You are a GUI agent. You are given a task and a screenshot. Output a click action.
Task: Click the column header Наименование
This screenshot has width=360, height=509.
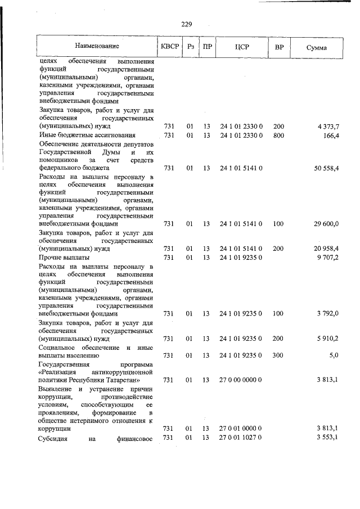tap(97, 47)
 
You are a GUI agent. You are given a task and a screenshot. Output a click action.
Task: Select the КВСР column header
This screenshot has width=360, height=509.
tap(169, 47)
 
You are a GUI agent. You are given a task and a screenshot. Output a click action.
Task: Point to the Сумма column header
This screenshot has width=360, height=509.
tap(317, 47)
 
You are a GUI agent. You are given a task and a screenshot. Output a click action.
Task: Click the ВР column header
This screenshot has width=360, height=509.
tap(279, 47)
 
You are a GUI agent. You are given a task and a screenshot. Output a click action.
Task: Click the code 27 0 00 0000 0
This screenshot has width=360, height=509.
tap(241, 380)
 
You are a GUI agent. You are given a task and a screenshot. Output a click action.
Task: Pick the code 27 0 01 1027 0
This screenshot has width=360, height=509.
tap(241, 438)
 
